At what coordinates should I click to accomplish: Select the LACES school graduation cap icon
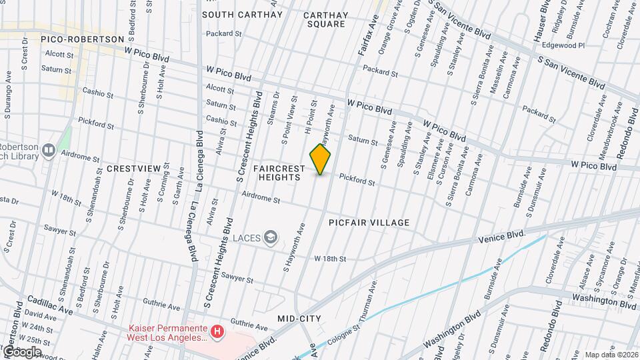pyautogui.click(x=270, y=237)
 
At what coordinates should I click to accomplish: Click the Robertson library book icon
pyautogui.click(x=48, y=151)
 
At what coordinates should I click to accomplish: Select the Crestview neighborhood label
pyautogui.click(x=133, y=169)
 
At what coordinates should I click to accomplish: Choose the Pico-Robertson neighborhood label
pyautogui.click(x=83, y=39)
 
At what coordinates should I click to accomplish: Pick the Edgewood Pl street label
pyautogui.click(x=563, y=45)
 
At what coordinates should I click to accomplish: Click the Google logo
pyautogui.click(x=23, y=351)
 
